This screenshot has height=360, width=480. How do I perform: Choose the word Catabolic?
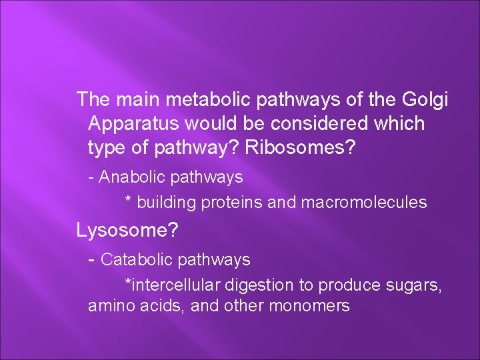[138, 259]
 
